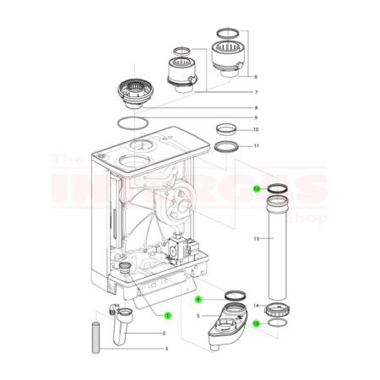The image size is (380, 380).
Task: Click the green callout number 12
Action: point(256,189)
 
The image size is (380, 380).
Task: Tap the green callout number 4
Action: point(198,298)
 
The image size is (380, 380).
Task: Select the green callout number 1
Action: point(166,314)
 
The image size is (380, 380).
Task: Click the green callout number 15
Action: point(256,323)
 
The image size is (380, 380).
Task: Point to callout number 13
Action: point(256,239)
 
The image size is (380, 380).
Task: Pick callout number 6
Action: point(256,76)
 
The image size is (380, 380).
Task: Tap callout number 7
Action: point(256,91)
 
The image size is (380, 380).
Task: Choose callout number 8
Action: point(256,107)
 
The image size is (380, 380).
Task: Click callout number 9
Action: point(256,117)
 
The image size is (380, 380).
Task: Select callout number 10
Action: point(256,130)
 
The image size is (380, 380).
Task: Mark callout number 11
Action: point(256,146)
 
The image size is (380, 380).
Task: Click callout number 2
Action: point(164,334)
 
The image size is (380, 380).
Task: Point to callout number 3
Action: point(166,348)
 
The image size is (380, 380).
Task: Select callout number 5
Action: point(198,315)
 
